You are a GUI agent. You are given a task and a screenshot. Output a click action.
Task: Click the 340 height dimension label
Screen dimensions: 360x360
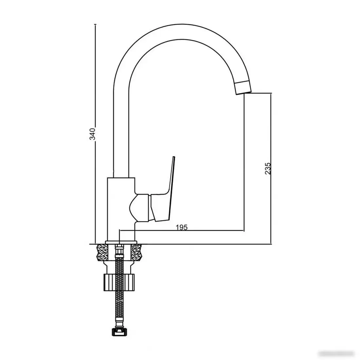click(93, 134)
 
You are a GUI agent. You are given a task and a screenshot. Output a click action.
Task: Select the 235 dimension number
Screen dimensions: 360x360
click(268, 168)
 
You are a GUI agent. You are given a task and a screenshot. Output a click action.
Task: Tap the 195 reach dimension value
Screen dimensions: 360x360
click(182, 227)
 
